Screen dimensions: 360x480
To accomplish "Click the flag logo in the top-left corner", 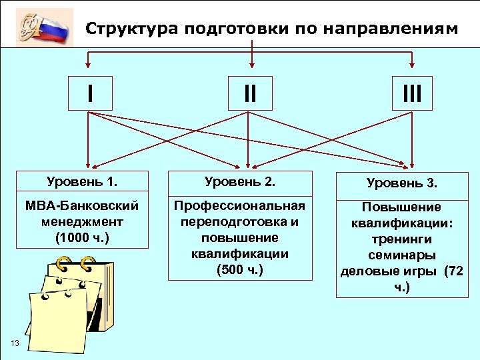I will point(45,27).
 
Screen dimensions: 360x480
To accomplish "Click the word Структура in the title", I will point(133,29).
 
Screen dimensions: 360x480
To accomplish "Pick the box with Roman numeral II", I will point(249,93).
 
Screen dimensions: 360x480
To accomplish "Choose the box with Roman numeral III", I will point(411,93).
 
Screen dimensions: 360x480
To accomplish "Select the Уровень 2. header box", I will point(239,181).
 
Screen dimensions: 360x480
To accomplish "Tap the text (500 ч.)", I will point(239,269).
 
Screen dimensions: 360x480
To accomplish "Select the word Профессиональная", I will point(239,205).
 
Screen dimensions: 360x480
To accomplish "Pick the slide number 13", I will point(14,343).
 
